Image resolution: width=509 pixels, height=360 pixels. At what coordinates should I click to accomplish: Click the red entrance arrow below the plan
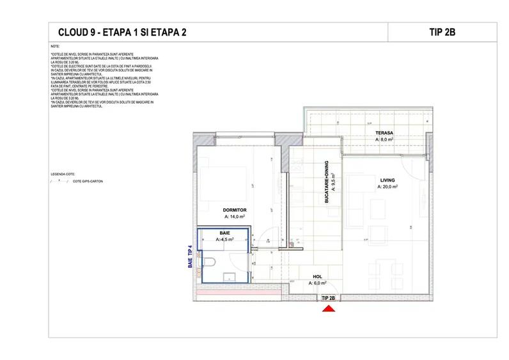click(328, 309)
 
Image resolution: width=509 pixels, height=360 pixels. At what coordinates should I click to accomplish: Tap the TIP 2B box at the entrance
click(328, 298)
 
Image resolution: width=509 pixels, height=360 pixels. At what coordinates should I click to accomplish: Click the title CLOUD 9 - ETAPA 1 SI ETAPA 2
click(123, 33)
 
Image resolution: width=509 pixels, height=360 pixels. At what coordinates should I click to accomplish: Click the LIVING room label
click(388, 180)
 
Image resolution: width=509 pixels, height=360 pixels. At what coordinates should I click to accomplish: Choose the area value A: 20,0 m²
click(388, 187)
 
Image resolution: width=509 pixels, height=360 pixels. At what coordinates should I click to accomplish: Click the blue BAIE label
click(224, 233)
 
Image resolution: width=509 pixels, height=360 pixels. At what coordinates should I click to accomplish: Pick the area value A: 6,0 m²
click(318, 283)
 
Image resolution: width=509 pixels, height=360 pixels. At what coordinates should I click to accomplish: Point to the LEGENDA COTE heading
click(62, 173)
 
